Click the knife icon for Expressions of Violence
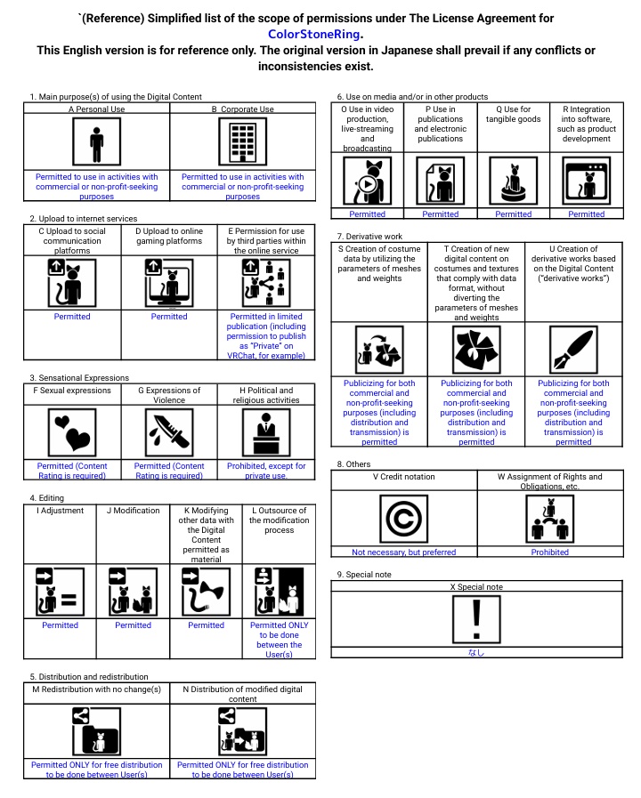pos(169,433)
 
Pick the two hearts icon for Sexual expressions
pos(72,433)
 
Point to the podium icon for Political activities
pos(266,433)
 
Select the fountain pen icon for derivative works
pos(573,351)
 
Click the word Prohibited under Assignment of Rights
pos(550,552)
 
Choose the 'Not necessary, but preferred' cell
pos(404,552)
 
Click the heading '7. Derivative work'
pos(369,236)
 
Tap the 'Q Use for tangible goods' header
pos(513,115)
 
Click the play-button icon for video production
pos(367,184)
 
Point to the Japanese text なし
pos(477,652)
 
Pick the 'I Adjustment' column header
pos(60,511)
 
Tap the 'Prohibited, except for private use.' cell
pos(266,471)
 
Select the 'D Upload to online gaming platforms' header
pos(169,236)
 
